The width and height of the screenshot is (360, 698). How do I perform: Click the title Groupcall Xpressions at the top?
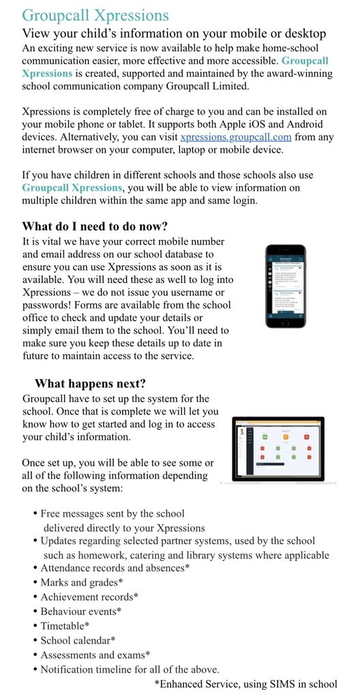pos(95,15)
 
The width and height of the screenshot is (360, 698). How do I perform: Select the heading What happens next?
pos(90,383)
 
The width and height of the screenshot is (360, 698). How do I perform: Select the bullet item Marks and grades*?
pos(81,582)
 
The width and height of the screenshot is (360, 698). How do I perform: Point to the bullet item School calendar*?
pos(78,640)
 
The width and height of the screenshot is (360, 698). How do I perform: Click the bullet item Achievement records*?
pos(89,596)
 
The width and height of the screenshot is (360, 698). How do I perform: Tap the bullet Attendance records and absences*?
pos(115,568)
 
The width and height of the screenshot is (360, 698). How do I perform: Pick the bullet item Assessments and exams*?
pos(95,654)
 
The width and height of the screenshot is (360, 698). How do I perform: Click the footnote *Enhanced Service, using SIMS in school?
pos(245,684)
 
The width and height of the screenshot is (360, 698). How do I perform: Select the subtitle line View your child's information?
pos(174,33)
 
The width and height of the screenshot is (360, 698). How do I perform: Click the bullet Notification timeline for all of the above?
pos(130,669)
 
